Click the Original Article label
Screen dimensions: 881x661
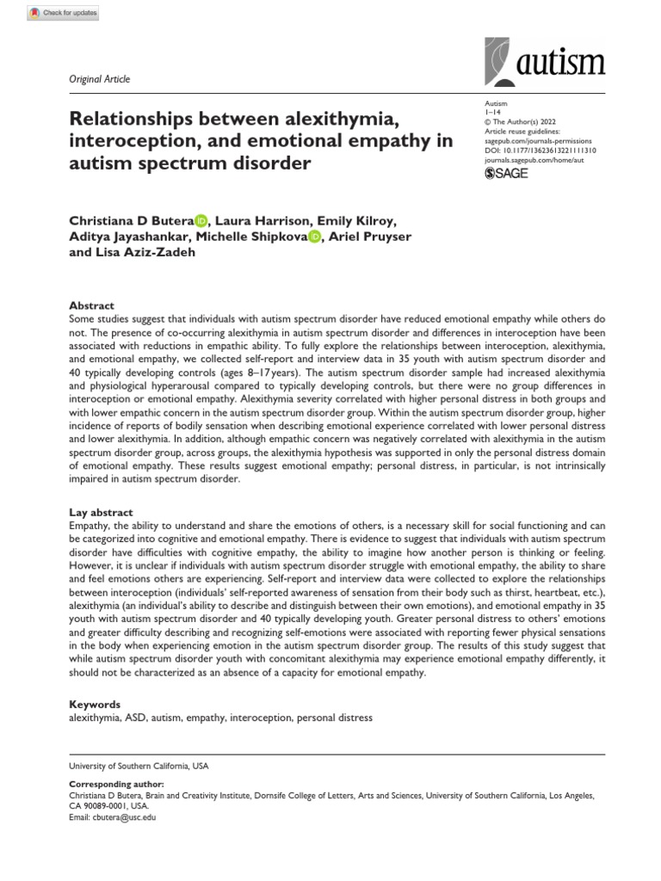coord(99,79)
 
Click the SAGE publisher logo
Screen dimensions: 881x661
coord(507,173)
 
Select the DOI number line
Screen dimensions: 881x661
coord(541,150)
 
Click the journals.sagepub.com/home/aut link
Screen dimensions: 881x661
coord(534,159)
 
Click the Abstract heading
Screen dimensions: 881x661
coord(90,305)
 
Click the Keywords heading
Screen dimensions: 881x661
coord(94,704)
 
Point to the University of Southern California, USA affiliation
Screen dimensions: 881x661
coord(138,766)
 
